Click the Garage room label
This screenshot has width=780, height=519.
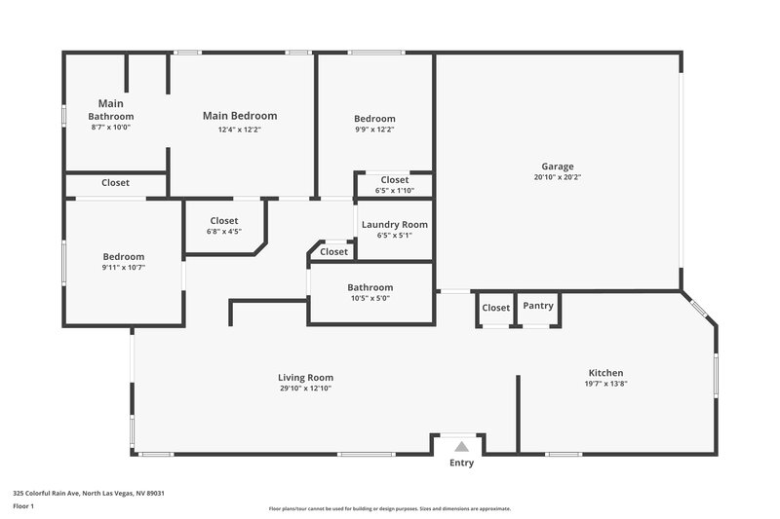[558, 167]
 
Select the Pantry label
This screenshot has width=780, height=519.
[538, 306]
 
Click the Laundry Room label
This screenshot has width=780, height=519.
[394, 225]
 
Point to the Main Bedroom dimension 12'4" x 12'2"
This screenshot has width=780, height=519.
[240, 129]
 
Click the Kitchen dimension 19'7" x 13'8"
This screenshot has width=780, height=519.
[605, 385]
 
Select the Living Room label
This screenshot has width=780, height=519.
[306, 378]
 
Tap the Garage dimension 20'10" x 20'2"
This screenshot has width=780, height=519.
[558, 178]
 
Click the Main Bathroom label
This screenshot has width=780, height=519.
[111, 109]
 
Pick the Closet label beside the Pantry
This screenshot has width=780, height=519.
[496, 308]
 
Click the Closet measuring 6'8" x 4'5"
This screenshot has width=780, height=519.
[223, 221]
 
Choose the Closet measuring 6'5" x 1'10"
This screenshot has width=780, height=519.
[394, 180]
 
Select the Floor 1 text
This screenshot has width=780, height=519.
[22, 507]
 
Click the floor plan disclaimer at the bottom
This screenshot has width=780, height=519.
[389, 508]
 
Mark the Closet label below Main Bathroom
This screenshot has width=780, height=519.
[116, 182]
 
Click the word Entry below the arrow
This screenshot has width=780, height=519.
[462, 463]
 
